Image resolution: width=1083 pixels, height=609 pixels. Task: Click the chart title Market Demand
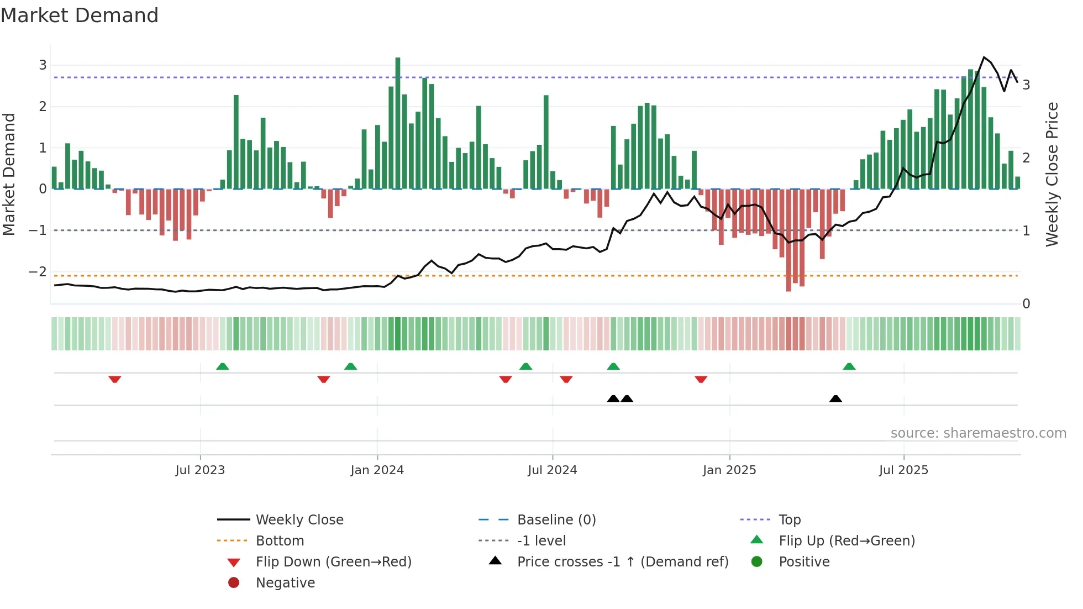tap(80, 15)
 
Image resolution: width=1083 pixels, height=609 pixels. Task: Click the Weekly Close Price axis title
tap(1052, 174)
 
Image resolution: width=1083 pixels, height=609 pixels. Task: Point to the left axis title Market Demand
tap(9, 174)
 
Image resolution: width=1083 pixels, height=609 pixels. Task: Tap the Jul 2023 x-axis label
tap(200, 470)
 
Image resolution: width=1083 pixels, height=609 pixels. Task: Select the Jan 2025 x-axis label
tap(729, 470)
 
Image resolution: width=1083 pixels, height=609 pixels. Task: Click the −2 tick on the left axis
tap(38, 271)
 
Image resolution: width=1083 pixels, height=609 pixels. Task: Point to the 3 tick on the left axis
tap(43, 65)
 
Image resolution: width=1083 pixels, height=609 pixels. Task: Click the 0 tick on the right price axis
tap(1026, 303)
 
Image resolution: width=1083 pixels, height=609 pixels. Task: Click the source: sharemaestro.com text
tap(978, 433)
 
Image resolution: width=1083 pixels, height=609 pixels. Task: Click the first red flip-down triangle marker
tap(115, 379)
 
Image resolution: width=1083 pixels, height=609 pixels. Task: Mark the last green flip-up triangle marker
tap(849, 366)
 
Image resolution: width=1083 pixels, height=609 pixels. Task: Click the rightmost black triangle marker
tap(836, 399)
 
